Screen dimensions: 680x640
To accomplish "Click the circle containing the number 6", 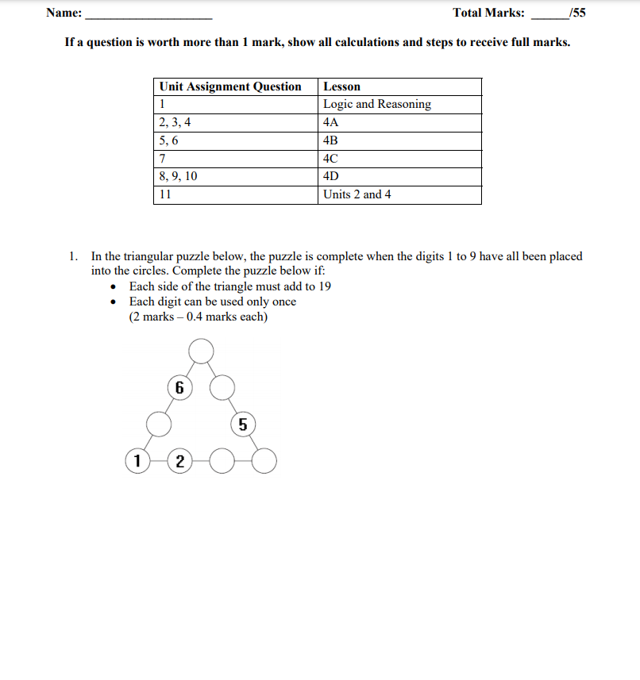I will pos(179,388).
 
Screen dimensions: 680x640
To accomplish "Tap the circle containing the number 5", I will pos(243,425).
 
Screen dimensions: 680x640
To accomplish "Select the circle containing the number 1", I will pos(137,460).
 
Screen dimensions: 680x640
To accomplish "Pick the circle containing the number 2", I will pos(179,461).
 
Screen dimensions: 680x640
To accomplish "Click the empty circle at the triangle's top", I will pos(202,350).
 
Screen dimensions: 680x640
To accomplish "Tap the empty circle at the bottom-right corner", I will pos(264,460).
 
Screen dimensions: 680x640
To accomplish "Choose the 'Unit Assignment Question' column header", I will pos(230,86).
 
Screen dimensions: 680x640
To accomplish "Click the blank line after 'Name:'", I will pos(148,13).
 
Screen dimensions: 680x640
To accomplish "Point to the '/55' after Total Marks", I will pos(578,13).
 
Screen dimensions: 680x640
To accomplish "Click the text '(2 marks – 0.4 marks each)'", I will pos(199,317).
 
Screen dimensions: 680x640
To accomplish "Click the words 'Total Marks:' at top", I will pos(488,13).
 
